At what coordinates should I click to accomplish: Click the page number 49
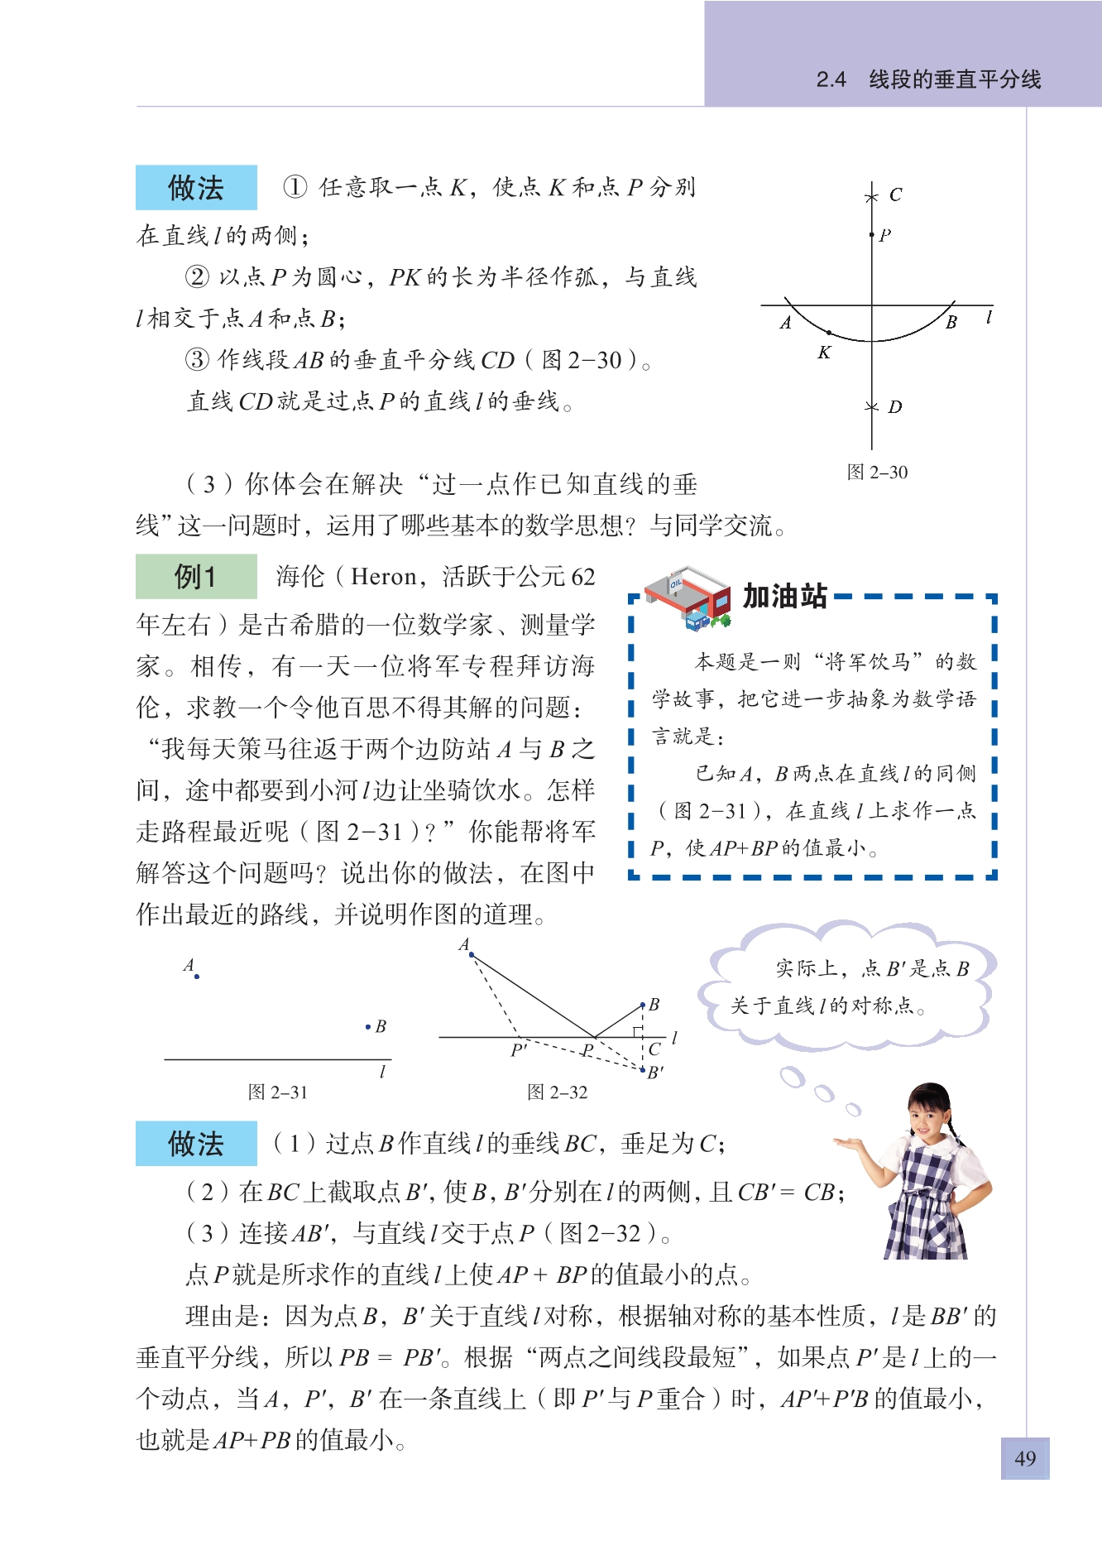(1024, 1458)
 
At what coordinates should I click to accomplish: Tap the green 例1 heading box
(196, 576)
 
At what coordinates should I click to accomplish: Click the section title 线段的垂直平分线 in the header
(955, 79)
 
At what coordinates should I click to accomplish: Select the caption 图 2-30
(877, 473)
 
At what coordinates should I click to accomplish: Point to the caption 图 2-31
(277, 1092)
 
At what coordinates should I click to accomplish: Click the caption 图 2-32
(557, 1092)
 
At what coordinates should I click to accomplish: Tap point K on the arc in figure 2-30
(829, 333)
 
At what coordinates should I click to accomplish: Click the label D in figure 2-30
(894, 407)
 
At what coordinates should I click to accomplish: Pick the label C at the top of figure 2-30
(895, 195)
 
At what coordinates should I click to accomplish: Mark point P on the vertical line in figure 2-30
(872, 235)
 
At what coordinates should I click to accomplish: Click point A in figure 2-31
(197, 977)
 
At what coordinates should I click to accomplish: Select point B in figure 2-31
(368, 1027)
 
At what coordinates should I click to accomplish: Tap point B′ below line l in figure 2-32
(643, 1070)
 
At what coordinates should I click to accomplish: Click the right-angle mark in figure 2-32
(638, 1031)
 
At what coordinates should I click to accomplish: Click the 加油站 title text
(784, 596)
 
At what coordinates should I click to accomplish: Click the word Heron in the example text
(383, 577)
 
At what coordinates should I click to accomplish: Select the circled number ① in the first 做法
(295, 187)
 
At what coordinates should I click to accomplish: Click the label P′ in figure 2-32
(519, 1050)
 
